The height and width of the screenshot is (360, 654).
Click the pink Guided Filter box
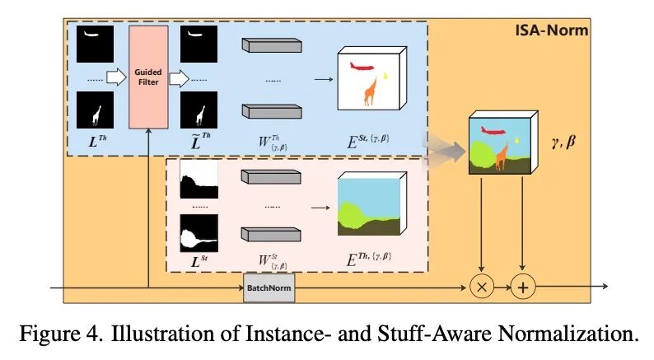(148, 77)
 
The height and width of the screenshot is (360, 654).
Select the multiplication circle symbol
(480, 287)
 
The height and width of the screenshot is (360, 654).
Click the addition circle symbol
(522, 287)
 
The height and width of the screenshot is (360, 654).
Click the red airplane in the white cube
(362, 64)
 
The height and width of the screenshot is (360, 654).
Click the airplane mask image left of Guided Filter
(96, 43)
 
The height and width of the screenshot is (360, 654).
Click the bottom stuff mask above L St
(197, 235)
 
